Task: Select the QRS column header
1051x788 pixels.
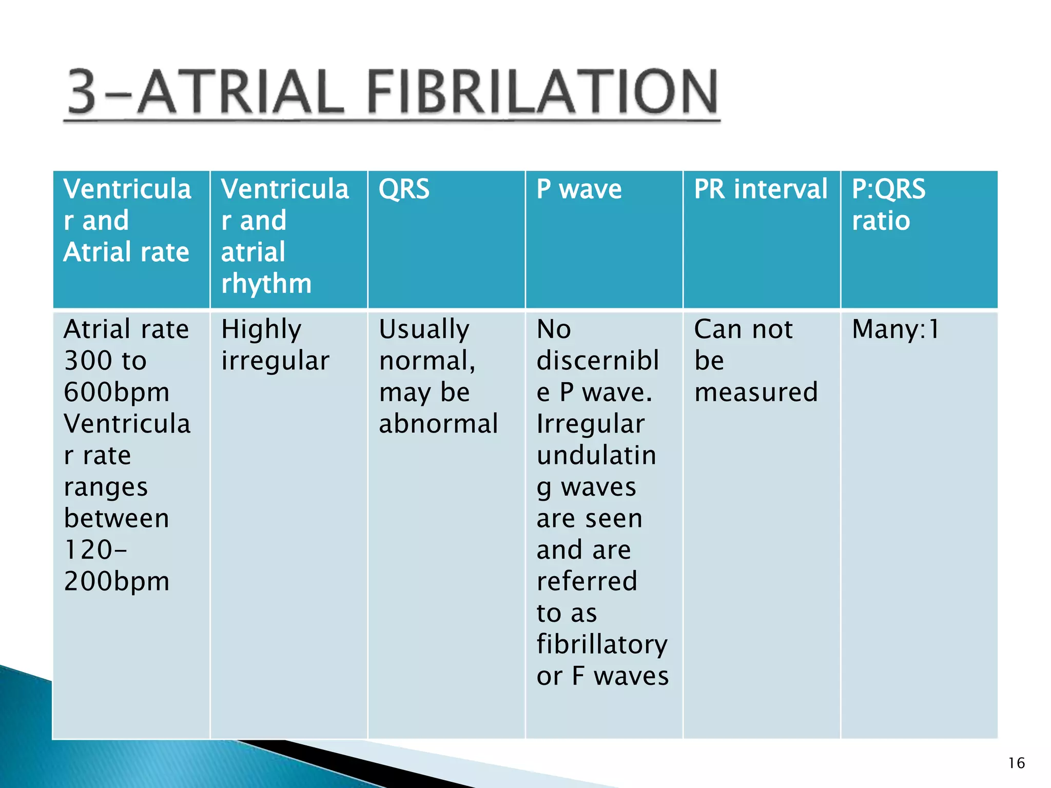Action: pos(404,189)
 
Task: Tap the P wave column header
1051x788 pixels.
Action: pos(579,189)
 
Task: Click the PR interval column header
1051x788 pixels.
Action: pos(761,189)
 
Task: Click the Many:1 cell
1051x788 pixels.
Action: pos(896,329)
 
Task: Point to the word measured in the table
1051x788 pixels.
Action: pos(756,392)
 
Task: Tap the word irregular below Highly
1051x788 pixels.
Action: pos(275,361)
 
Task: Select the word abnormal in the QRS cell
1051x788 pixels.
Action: pos(438,424)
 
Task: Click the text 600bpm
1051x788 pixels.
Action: pos(116,392)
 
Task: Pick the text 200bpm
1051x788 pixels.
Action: pos(116,582)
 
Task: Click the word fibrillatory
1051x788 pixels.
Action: pos(602,645)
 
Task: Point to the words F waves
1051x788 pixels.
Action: pos(620,676)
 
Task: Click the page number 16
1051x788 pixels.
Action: pos(1016,763)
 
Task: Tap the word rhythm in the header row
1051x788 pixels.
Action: pos(266,284)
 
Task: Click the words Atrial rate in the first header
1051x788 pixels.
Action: pos(126,252)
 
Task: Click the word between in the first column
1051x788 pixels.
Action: pos(116,519)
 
